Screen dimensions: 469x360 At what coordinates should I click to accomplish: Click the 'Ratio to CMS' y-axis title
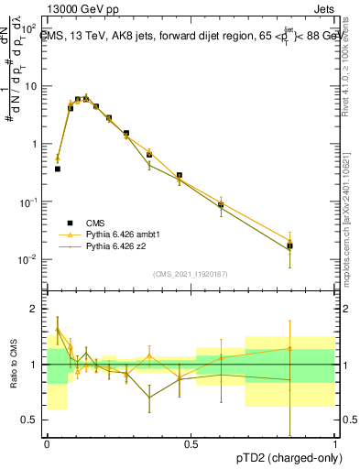pos(14,365)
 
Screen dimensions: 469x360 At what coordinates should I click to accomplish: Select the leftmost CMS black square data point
pos(57,169)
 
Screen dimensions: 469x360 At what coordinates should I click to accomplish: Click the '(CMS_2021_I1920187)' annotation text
pos(191,274)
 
